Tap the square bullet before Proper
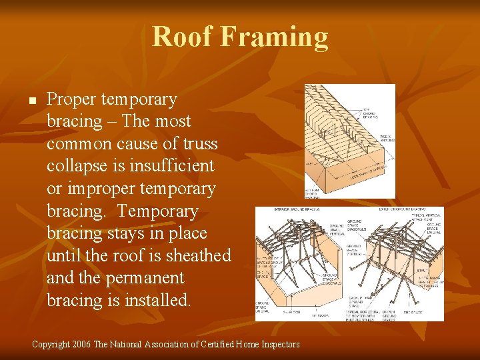(x=31, y=101)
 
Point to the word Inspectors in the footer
(x=279, y=345)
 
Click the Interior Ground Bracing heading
(x=297, y=209)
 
